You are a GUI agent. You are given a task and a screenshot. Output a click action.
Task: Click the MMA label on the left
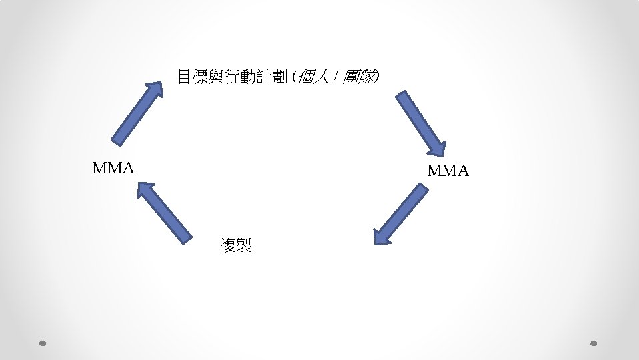click(113, 167)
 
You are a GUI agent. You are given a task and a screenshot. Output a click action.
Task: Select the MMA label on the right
click(448, 171)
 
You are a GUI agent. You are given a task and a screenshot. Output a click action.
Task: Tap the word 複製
click(236, 245)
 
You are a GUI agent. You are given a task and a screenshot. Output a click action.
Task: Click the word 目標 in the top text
click(193, 77)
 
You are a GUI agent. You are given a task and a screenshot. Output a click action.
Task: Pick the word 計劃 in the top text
click(273, 77)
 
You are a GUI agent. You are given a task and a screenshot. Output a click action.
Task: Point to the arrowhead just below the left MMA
click(146, 191)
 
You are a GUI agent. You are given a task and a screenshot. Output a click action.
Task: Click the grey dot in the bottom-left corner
click(42, 343)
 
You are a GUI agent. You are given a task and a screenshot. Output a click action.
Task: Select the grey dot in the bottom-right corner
click(594, 343)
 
